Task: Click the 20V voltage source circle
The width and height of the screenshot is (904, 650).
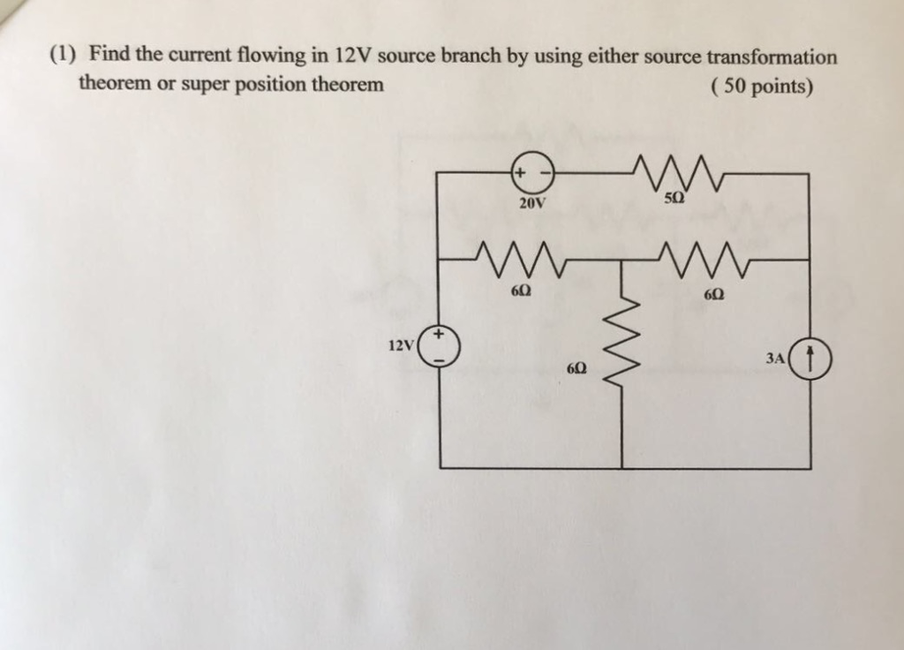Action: pos(531,174)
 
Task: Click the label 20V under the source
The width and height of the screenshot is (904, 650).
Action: pos(532,204)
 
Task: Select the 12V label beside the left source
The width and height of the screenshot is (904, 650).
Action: pos(401,344)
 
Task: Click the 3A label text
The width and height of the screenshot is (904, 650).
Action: pos(775,359)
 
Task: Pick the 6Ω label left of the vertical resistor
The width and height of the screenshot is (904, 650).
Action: pos(578,366)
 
